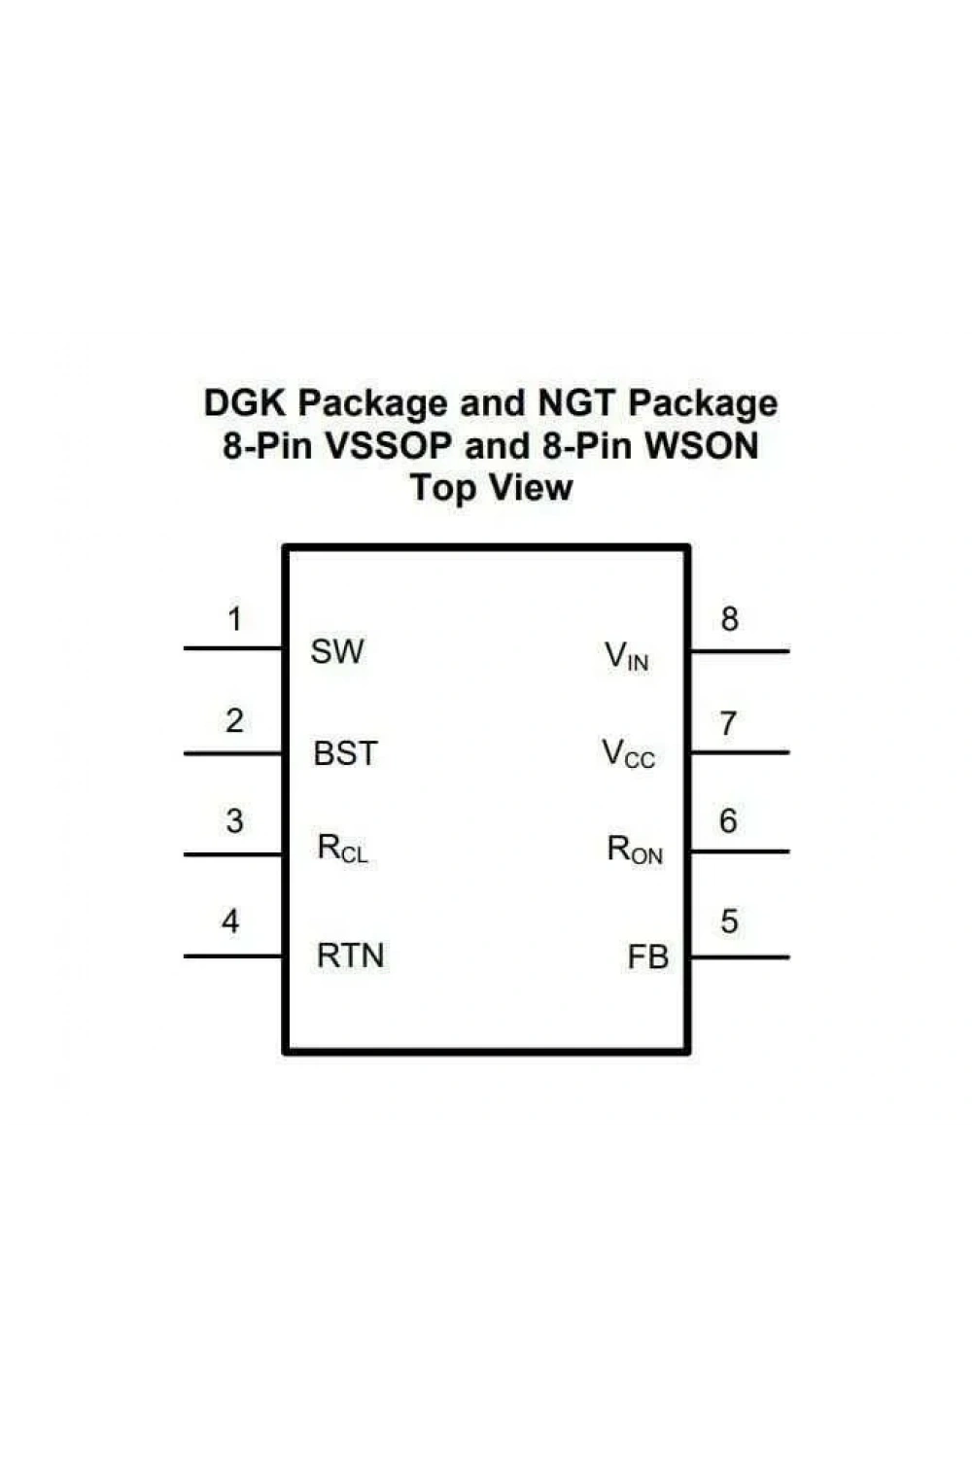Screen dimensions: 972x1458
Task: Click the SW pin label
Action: [x=336, y=651]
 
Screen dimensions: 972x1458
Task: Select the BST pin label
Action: [x=345, y=753]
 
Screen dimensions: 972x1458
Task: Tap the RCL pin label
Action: [x=342, y=850]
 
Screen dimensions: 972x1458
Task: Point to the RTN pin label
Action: [x=350, y=955]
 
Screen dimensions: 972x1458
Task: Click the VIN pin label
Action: [x=626, y=656]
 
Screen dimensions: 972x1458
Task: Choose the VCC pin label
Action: [x=628, y=753]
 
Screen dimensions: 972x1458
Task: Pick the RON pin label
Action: [x=635, y=850]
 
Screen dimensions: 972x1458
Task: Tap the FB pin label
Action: [x=647, y=957]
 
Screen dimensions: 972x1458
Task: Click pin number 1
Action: [x=235, y=618]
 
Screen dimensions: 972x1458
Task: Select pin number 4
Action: [x=230, y=921]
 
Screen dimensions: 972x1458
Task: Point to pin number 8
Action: [x=729, y=619]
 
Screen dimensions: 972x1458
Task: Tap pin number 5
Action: [x=729, y=921]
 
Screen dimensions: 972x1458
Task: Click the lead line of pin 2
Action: [x=233, y=753]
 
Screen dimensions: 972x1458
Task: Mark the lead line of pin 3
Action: [x=233, y=854]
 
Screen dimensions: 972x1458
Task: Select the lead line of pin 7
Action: [x=741, y=752]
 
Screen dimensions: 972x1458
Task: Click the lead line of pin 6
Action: [x=741, y=851]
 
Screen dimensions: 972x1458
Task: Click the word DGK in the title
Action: [x=245, y=403]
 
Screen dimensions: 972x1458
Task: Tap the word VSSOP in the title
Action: [x=388, y=446]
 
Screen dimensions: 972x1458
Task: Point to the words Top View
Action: [x=492, y=488]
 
